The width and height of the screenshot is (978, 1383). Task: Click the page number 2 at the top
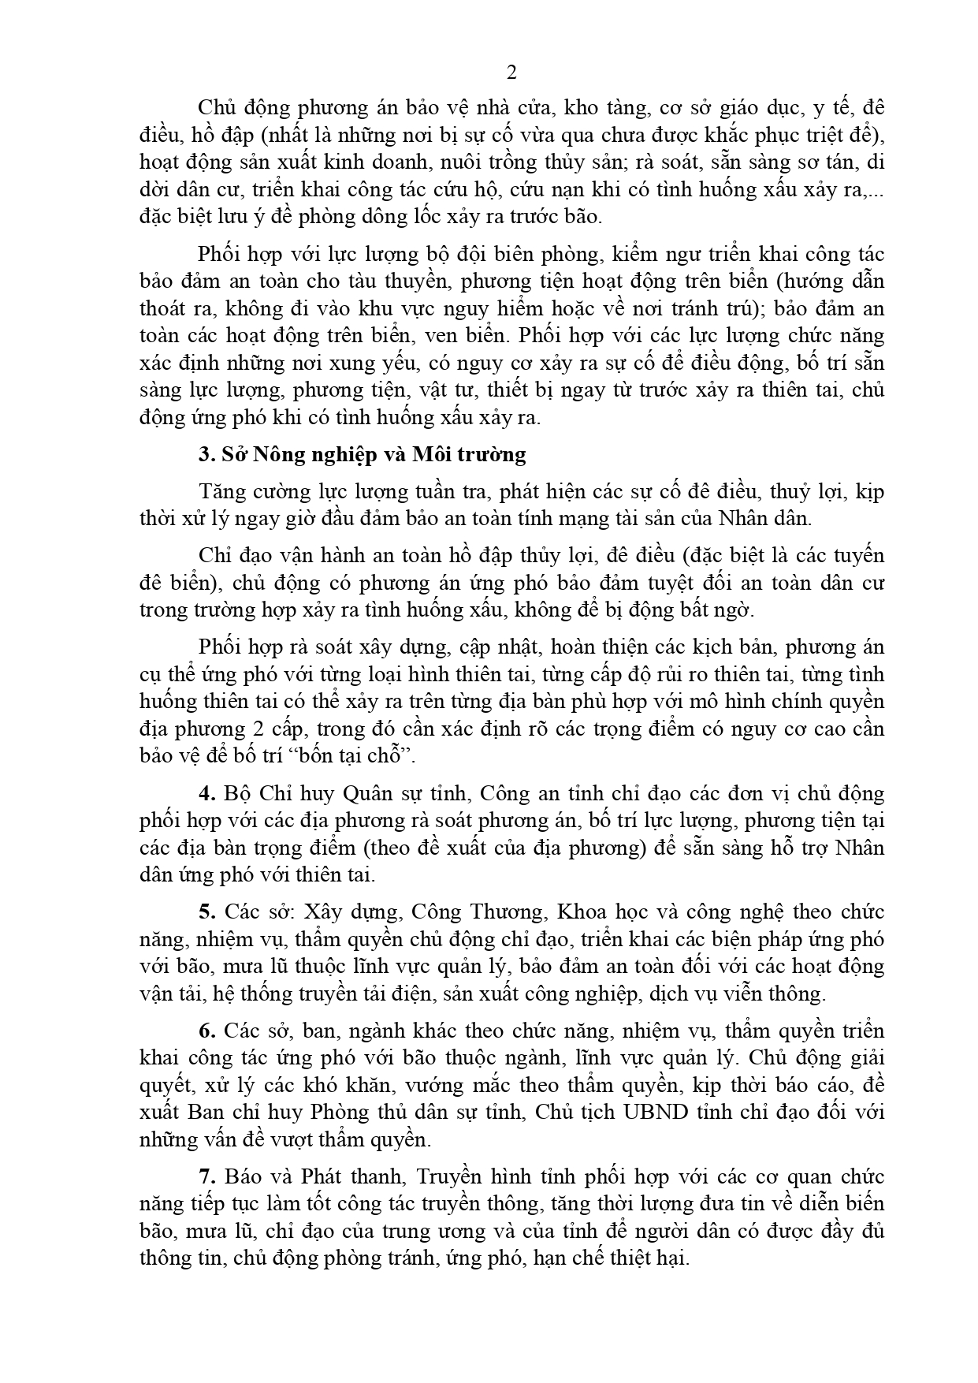tap(511, 73)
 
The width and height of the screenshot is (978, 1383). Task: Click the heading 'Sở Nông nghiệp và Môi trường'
tap(373, 455)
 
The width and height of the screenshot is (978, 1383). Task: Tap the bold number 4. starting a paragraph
tap(206, 793)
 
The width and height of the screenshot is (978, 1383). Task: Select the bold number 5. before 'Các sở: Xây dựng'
tap(207, 912)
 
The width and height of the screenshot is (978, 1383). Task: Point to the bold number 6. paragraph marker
tap(207, 1031)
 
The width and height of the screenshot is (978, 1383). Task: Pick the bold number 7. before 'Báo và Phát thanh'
tap(207, 1177)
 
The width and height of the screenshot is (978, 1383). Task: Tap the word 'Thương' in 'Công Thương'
tap(509, 912)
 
